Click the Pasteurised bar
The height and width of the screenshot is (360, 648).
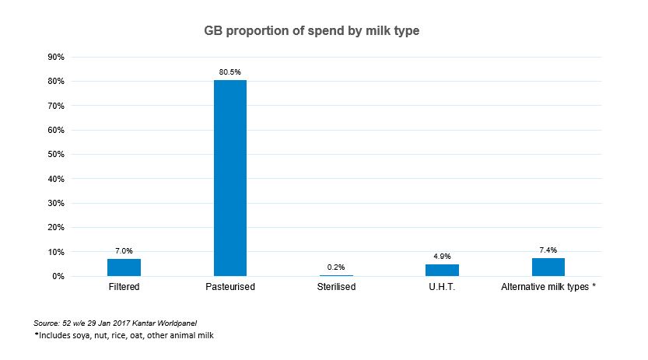pos(230,178)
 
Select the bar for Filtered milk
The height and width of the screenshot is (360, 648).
pos(124,267)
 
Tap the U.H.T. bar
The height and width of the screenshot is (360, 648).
pos(442,270)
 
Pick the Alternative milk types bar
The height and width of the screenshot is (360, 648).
pos(548,267)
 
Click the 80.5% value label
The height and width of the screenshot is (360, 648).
pos(230,72)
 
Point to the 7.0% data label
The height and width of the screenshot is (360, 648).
pos(124,251)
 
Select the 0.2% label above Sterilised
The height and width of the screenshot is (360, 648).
pos(336,267)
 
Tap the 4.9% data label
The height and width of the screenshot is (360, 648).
pos(442,256)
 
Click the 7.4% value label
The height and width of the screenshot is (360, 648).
pos(548,250)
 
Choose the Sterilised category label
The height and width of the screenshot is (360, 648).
pos(336,287)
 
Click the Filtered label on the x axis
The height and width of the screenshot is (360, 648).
pos(124,287)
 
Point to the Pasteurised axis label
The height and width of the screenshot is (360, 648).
pos(230,287)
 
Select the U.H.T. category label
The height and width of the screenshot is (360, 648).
pos(442,287)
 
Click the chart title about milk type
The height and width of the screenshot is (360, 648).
pos(323,31)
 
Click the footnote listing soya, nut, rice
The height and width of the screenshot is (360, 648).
pos(124,335)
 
